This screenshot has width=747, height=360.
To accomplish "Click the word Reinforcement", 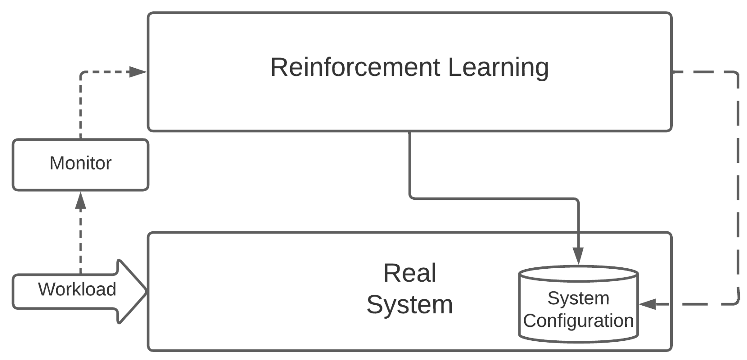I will point(355,67).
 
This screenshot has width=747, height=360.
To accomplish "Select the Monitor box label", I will point(81,163).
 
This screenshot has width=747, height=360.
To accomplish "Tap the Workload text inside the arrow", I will point(77,289).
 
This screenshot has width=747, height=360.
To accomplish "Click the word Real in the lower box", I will point(410,273).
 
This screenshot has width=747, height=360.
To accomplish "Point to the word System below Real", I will point(410,305).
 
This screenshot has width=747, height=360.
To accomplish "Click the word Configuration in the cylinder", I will point(578,320).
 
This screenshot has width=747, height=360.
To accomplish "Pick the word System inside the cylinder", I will point(578,298).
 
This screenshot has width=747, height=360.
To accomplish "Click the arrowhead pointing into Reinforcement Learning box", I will point(138,72).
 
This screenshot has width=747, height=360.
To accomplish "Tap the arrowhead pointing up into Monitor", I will point(81,201).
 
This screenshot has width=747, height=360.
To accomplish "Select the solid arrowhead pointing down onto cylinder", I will point(578,255).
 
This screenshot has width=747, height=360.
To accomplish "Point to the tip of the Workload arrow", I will point(146,291).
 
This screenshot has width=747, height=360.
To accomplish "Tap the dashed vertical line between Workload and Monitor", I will point(81,240).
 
